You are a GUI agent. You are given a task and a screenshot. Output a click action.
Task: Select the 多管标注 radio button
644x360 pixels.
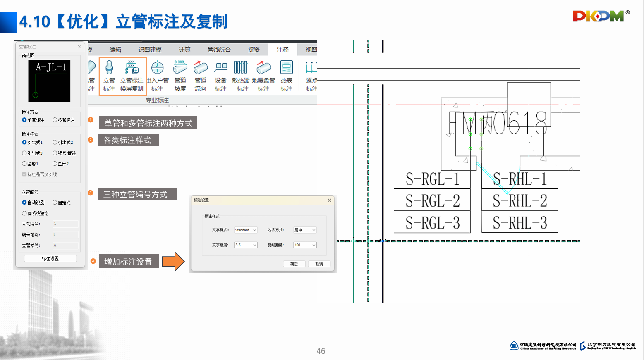pyautogui.click(x=55, y=120)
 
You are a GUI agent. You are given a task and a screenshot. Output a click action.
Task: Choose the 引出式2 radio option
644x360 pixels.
pyautogui.click(x=55, y=142)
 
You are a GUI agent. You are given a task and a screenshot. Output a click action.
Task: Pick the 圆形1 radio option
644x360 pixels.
pyautogui.click(x=24, y=164)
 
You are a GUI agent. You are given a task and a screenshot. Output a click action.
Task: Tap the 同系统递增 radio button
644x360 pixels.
pyautogui.click(x=24, y=213)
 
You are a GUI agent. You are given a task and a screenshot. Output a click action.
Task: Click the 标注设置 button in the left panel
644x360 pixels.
pyautogui.click(x=50, y=258)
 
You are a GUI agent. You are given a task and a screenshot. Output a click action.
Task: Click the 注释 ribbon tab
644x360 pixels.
pyautogui.click(x=282, y=50)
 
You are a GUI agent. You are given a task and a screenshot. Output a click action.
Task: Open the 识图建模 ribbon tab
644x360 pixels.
pyautogui.click(x=150, y=50)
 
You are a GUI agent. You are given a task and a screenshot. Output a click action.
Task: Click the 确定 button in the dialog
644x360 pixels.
pyautogui.click(x=294, y=264)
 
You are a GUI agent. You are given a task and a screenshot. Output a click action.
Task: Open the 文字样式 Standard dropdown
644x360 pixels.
pyautogui.click(x=246, y=230)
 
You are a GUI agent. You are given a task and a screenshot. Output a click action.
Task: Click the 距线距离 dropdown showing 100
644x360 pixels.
pyautogui.click(x=305, y=245)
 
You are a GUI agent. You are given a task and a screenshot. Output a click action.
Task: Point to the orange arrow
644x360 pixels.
pyautogui.click(x=173, y=261)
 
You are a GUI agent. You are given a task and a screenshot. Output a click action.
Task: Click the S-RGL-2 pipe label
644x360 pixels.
pyautogui.click(x=432, y=201)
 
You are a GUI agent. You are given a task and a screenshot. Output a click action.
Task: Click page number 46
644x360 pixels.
pyautogui.click(x=321, y=351)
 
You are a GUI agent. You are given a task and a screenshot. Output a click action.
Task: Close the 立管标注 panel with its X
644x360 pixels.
pyautogui.click(x=79, y=47)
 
